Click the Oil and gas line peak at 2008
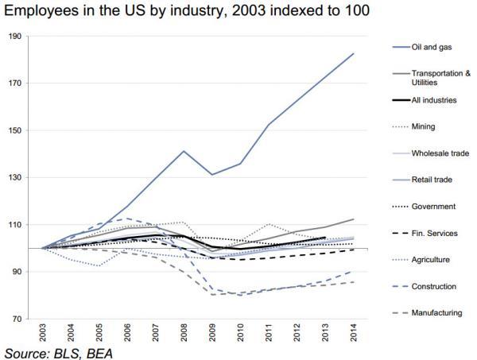[184, 151]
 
